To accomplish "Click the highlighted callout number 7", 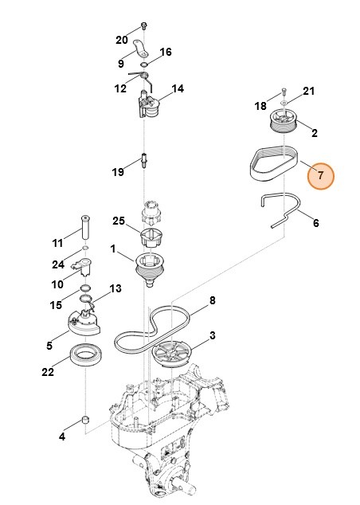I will point(321,175).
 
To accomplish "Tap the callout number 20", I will point(122,40).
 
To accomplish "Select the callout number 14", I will point(177,89).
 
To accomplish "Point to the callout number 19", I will point(118,171).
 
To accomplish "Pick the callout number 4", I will point(62,436).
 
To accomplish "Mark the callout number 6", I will point(315,224).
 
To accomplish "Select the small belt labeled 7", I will point(268,162).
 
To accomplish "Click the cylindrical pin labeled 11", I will point(84,226).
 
